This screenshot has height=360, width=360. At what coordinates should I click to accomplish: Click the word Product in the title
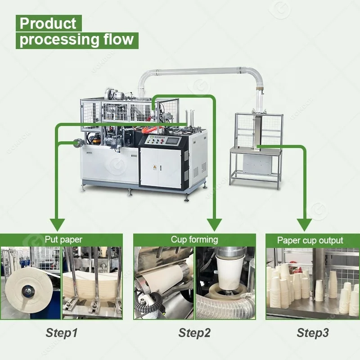pyautogui.click(x=48, y=23)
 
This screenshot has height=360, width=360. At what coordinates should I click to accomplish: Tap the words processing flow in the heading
pyautogui.click(x=76, y=39)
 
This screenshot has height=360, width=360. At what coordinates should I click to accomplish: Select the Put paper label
pyautogui.click(x=63, y=239)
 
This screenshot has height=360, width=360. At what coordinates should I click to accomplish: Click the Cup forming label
pyautogui.click(x=194, y=239)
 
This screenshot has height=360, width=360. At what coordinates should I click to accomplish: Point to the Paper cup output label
pyautogui.click(x=310, y=240)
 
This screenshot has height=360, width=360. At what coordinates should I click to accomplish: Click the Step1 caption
pyautogui.click(x=62, y=333)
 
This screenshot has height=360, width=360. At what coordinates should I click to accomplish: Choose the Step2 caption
pyautogui.click(x=194, y=333)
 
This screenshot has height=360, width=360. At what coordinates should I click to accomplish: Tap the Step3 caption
pyautogui.click(x=312, y=333)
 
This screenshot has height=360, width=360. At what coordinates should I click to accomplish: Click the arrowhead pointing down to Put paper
pyautogui.click(x=57, y=224)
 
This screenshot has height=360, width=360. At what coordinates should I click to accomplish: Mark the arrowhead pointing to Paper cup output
pyautogui.click(x=305, y=224)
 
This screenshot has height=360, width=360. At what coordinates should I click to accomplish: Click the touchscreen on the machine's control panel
pyautogui.click(x=173, y=140)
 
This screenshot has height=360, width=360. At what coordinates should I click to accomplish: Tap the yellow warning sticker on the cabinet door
pyautogui.click(x=155, y=167)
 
